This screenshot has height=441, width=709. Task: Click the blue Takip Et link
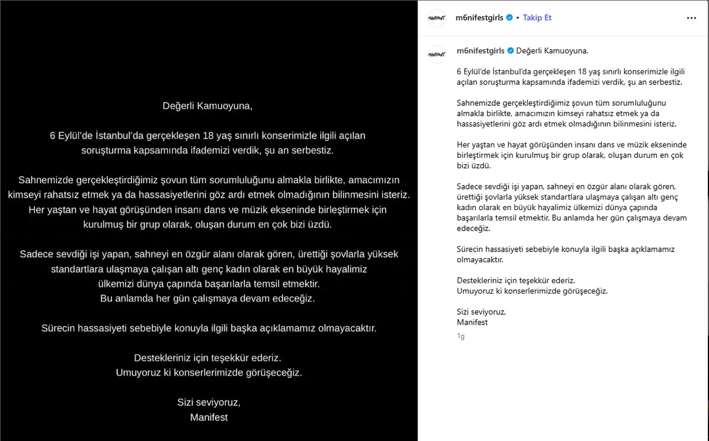pos(537,18)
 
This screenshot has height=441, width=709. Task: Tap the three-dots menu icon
pos(691,18)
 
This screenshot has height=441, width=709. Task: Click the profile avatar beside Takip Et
pos(437,18)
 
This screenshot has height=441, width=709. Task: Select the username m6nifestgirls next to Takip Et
pos(480,18)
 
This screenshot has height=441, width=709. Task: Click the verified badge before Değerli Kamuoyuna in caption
pos(510,51)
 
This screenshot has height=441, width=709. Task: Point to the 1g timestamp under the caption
pos(460,336)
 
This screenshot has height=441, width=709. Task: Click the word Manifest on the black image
pos(209,417)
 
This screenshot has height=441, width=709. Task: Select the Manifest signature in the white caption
pos(472,322)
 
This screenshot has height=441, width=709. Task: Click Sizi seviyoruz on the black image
pos(209,402)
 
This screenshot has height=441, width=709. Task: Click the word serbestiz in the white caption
pos(665,82)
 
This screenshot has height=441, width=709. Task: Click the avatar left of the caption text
pos(437,54)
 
